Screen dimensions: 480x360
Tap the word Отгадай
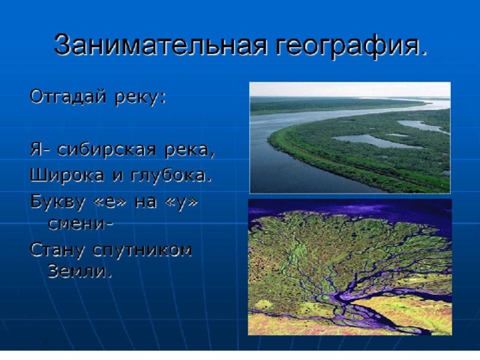click(68, 97)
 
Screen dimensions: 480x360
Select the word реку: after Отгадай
click(140, 98)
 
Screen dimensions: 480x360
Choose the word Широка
click(67, 175)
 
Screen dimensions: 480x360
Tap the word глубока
click(172, 175)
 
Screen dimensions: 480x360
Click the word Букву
click(57, 202)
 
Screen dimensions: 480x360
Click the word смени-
click(80, 224)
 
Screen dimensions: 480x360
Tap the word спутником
click(142, 252)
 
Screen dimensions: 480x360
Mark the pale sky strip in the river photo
click(350, 89)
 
